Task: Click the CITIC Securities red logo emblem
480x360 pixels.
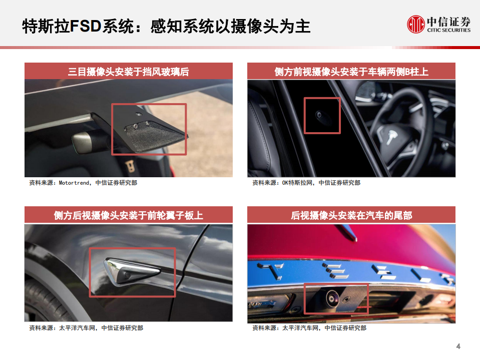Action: click(415, 23)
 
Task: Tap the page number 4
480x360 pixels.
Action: click(458, 346)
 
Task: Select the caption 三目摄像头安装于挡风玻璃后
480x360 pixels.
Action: click(129, 71)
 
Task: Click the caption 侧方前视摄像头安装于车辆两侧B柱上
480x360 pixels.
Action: click(351, 71)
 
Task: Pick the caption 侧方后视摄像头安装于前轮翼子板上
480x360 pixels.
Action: click(129, 216)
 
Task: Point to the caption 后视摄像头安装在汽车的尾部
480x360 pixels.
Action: click(351, 216)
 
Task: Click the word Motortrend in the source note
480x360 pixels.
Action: click(75, 183)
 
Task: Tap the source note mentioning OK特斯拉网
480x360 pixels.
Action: click(306, 183)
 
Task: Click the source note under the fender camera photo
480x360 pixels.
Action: click(86, 328)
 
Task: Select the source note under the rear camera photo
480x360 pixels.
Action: click(309, 328)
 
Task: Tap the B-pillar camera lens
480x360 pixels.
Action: click(318, 115)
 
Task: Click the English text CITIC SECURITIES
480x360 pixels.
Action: click(448, 30)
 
